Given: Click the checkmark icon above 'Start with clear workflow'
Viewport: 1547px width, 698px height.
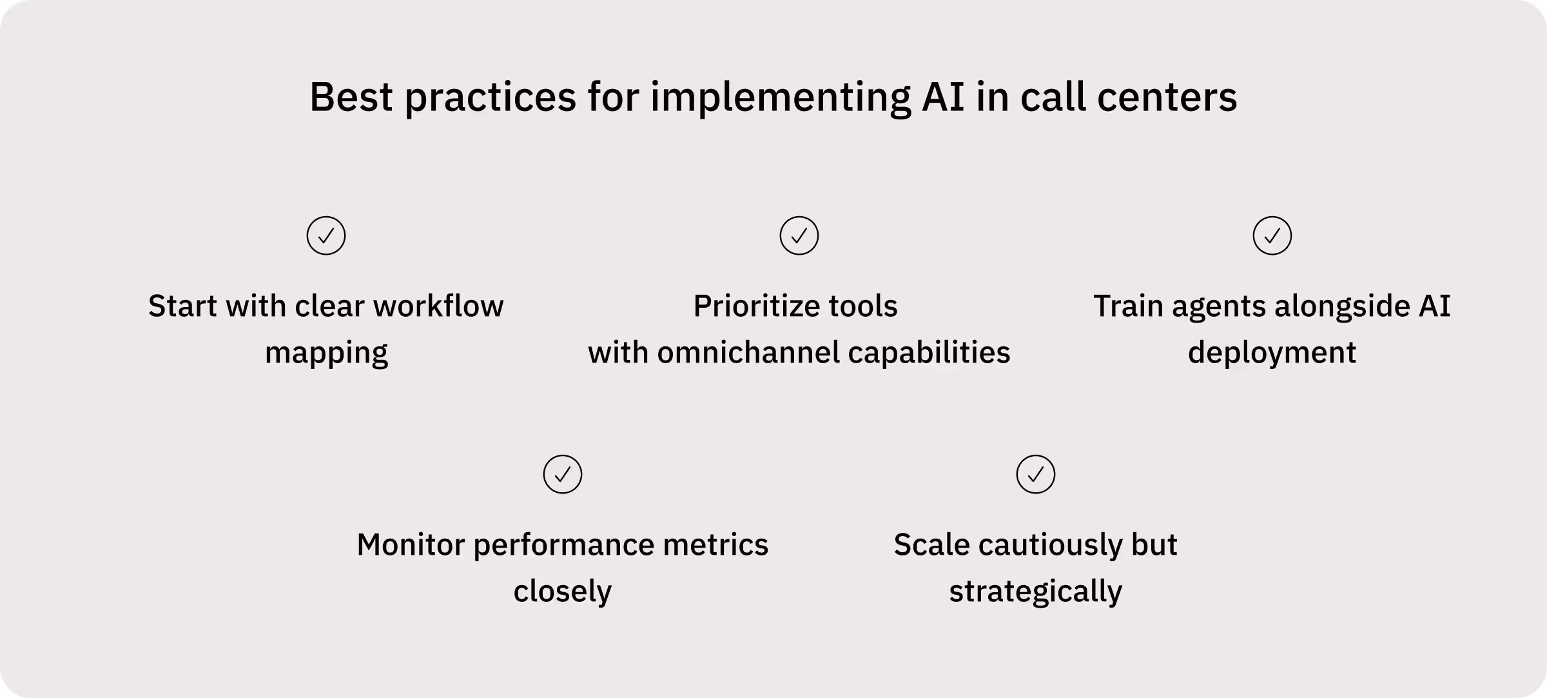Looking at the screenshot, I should coord(326,235).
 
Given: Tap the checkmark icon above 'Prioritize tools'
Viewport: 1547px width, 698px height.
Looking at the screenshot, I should coord(799,235).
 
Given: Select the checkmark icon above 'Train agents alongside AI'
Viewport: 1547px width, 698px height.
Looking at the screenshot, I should coord(1272,235).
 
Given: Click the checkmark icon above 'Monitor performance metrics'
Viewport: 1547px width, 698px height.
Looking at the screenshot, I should coord(563,475).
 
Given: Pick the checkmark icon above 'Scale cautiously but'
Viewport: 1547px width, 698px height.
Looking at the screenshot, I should coord(1036,475).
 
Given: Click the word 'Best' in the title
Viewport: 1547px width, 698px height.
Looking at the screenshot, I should coord(351,97).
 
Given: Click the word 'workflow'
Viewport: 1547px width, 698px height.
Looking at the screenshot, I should coord(438,306).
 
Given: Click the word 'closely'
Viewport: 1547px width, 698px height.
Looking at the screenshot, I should coord(563,592).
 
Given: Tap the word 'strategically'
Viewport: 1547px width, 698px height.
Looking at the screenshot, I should coord(1036,592).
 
